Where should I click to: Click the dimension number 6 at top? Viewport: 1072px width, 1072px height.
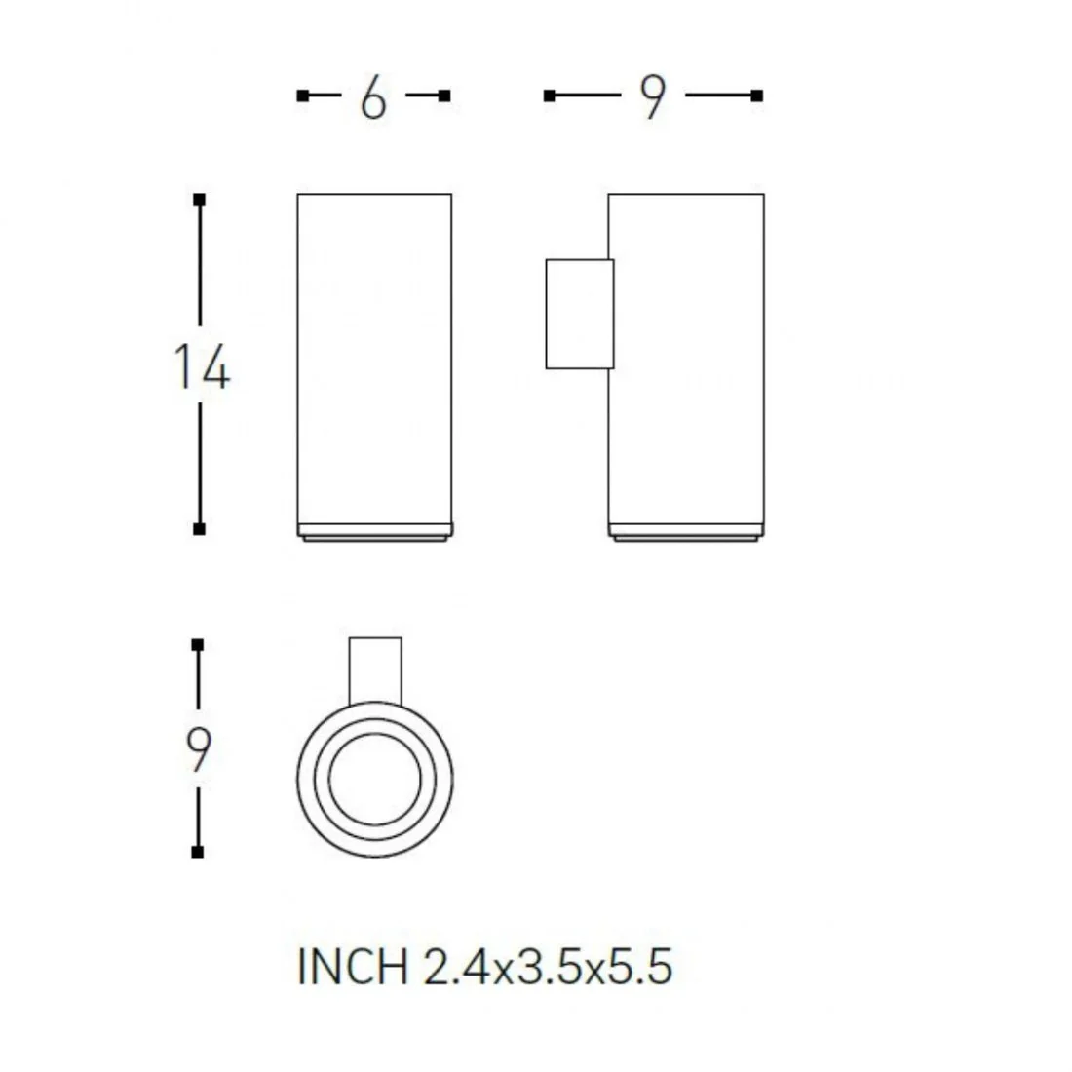373,97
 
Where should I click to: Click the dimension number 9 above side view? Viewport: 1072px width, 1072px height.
652,97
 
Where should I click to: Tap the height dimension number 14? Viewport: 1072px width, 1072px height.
202,366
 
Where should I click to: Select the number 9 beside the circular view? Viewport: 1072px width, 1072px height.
198,750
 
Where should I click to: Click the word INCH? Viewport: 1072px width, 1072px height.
352,967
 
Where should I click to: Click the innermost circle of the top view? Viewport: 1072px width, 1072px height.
374,734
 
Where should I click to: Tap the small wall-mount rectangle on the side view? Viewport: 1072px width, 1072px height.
580,314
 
